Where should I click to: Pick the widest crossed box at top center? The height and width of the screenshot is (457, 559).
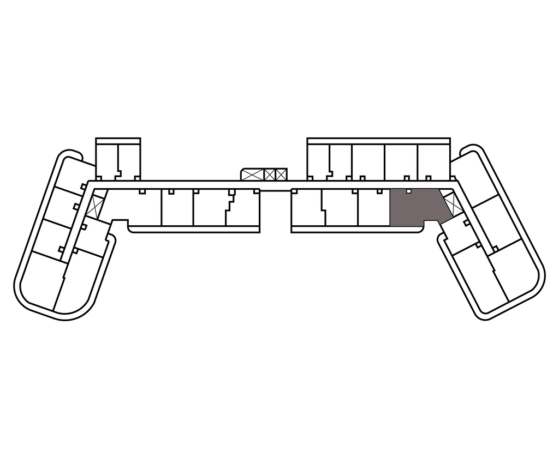point(252,175)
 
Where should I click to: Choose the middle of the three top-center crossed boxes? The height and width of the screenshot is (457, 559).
point(270,175)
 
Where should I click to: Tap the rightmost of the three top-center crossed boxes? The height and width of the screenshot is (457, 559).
point(281,175)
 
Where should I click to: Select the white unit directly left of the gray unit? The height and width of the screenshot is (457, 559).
point(374,207)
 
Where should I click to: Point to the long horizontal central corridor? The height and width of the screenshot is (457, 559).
point(273,185)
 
